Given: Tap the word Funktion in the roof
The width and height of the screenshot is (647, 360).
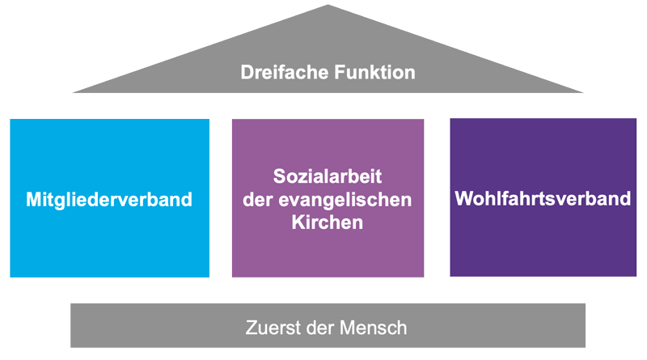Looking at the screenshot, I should pyautogui.click(x=373, y=73).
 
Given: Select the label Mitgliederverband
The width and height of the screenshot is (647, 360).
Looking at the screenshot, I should pyautogui.click(x=109, y=199).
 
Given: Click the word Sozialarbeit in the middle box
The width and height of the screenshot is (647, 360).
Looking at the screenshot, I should pyautogui.click(x=328, y=176).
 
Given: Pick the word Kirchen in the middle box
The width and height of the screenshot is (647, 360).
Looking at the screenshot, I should pyautogui.click(x=328, y=222).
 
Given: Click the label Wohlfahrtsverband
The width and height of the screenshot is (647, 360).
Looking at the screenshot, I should pyautogui.click(x=543, y=198).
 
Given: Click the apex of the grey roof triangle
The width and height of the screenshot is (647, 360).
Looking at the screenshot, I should pyautogui.click(x=328, y=6).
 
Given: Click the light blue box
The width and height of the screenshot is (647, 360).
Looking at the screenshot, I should pyautogui.click(x=109, y=154).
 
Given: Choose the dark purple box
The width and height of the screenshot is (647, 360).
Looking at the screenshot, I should pyautogui.click(x=543, y=243).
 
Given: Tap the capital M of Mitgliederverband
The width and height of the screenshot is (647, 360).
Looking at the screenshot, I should pyautogui.click(x=33, y=199).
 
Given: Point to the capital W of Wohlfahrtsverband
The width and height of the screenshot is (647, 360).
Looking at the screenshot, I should pyautogui.click(x=464, y=198).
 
